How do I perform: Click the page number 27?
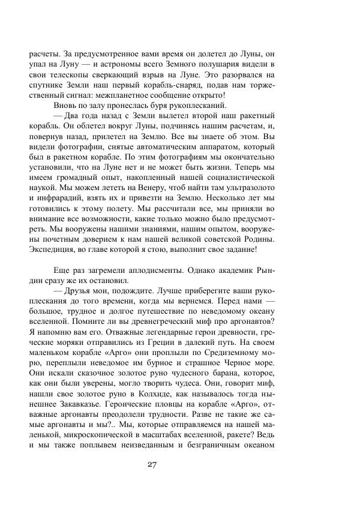[x=151, y=466]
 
